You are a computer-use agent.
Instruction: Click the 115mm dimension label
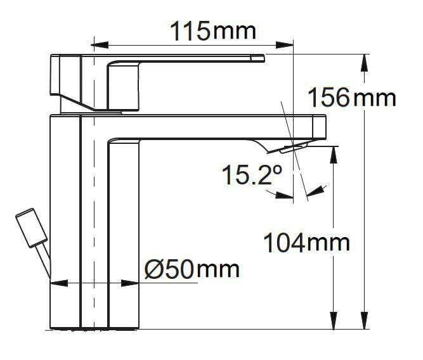pyautogui.click(x=212, y=30)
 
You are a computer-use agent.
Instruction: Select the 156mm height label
pyautogui.click(x=351, y=98)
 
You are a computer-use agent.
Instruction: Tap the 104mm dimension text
pyautogui.click(x=306, y=241)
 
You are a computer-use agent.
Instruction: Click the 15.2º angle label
pyautogui.click(x=250, y=174)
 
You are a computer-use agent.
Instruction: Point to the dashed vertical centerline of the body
pyautogui.click(x=93, y=190)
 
